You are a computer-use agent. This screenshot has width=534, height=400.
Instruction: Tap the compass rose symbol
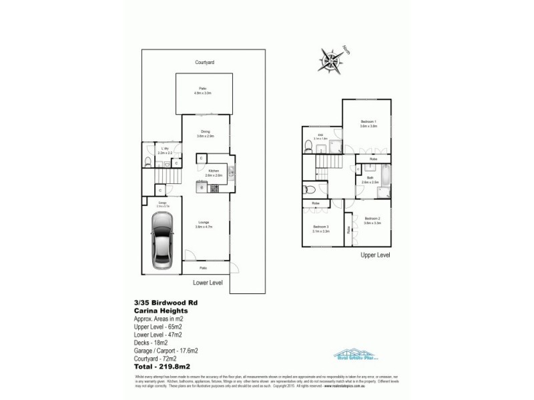329,56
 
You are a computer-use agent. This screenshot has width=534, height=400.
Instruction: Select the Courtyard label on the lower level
204,62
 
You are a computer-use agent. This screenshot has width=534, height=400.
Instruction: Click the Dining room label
206,133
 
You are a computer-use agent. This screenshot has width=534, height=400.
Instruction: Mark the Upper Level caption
375,255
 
